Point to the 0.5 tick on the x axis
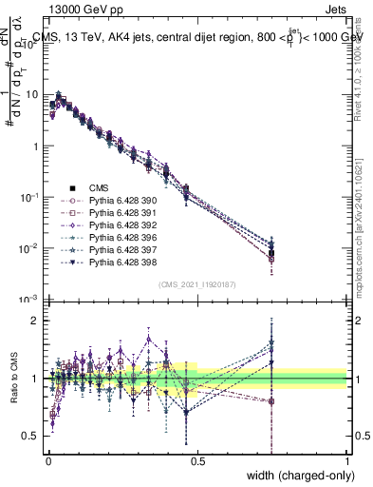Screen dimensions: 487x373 click(x=197, y=461)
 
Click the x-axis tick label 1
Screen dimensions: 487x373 click(x=347, y=461)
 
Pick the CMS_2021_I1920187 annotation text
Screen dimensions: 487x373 click(x=197, y=284)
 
